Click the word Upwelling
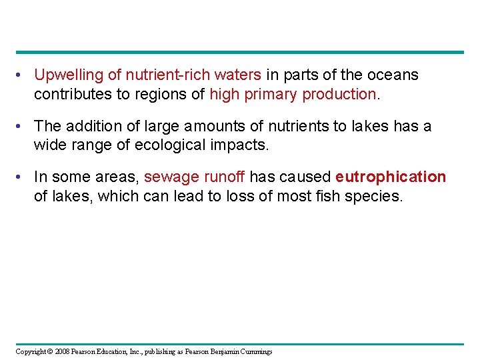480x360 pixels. click(65, 75)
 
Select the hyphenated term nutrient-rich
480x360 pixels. click(150, 75)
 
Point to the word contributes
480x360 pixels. click(73, 94)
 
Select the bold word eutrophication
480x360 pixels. click(391, 177)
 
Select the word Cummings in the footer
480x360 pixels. click(255, 351)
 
